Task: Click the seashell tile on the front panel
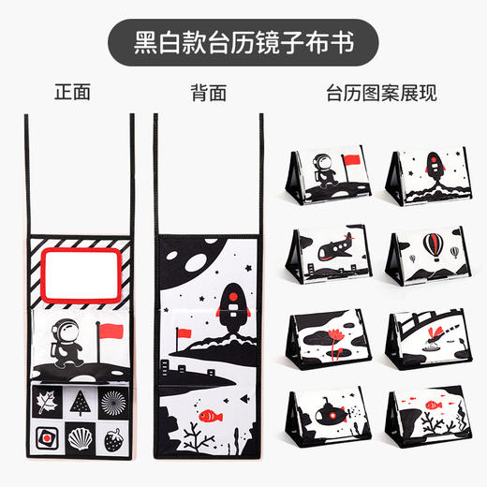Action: [82, 437]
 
